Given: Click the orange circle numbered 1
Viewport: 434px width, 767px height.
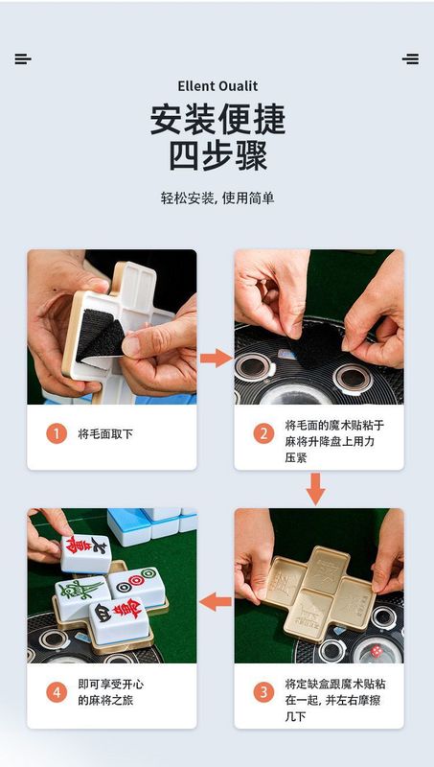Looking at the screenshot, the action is click(57, 433).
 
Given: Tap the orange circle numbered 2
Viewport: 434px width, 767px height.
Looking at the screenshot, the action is click(263, 433).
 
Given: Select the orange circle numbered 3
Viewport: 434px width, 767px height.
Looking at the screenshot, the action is click(263, 692).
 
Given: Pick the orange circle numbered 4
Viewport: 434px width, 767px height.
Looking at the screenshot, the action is click(57, 692).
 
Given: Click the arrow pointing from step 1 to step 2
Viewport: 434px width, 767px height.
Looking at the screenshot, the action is click(216, 358).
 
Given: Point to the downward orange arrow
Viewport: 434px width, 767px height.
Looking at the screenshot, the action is click(315, 489).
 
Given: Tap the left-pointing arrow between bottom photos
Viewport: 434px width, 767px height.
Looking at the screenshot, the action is click(216, 602).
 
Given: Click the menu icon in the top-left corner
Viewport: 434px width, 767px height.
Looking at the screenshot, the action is click(23, 59).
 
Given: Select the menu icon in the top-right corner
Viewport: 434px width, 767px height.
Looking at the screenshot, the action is click(411, 59).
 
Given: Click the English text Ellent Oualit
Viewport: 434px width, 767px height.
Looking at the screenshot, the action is click(217, 86).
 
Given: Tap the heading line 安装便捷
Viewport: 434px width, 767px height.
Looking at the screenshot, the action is click(217, 120).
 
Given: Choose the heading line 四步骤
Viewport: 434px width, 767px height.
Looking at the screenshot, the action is click(217, 156).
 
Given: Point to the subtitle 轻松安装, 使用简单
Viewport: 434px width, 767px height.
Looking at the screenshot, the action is click(217, 198).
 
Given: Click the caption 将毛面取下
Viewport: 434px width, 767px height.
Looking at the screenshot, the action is click(105, 434).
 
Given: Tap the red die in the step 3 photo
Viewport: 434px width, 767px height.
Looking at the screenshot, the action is click(377, 651).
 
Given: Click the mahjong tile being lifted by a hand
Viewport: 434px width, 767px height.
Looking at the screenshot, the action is click(85, 553).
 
